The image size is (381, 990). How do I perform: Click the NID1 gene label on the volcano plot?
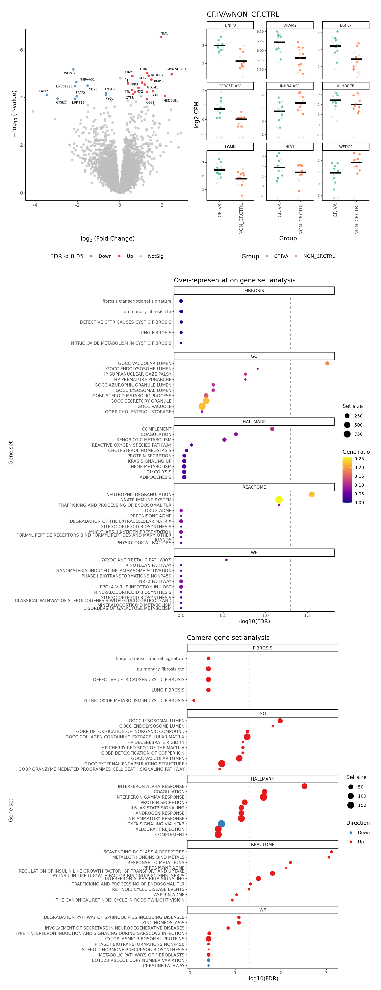(164, 34)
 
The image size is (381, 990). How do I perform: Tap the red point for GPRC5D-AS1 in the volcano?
(171, 74)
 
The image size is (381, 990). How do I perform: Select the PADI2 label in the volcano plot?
(43, 91)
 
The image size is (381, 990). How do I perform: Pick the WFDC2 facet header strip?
(346, 147)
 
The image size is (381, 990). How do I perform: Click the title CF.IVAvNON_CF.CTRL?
(243, 14)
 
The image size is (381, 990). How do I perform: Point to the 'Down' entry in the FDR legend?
(105, 256)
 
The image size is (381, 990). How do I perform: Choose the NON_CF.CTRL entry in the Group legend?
(319, 256)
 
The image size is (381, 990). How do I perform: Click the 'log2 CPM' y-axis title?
(196, 114)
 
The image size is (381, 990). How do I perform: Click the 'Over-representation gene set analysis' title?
(235, 280)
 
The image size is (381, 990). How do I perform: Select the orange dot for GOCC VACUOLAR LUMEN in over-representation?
(327, 363)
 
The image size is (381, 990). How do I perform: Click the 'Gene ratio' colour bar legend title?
(356, 452)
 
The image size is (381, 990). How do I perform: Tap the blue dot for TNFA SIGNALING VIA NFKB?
(221, 824)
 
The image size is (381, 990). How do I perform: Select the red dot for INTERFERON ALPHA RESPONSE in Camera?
(304, 786)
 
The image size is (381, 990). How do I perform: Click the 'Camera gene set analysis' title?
(228, 638)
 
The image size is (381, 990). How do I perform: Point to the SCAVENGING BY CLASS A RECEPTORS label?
(144, 852)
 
